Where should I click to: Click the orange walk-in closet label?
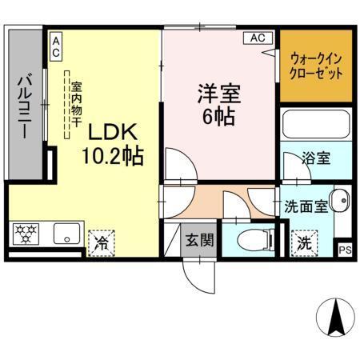[316, 64]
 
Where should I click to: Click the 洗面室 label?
[306, 206]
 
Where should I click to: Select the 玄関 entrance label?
[200, 239]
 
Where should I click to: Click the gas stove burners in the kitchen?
[26, 234]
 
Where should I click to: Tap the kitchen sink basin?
[64, 234]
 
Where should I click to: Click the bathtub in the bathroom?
[316, 126]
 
